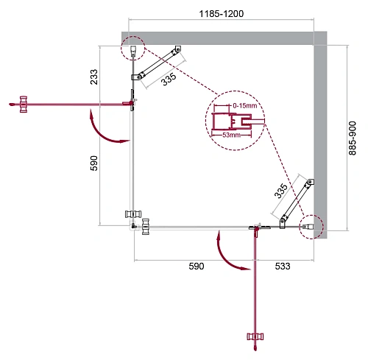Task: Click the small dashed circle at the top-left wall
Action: (x=132, y=49)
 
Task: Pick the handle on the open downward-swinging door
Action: (x=255, y=336)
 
